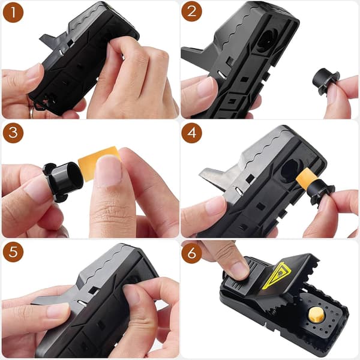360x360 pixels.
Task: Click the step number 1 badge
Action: (13, 13)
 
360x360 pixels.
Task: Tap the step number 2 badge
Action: (192, 11)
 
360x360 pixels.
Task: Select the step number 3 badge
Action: (13, 133)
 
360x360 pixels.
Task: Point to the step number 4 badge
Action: (192, 133)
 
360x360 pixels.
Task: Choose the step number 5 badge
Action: (13, 252)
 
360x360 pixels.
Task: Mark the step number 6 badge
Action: (192, 253)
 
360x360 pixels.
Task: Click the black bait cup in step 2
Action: (325, 81)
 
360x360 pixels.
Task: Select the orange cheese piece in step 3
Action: (99, 163)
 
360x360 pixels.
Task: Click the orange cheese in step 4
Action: (306, 178)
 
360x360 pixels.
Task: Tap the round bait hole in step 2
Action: (268, 41)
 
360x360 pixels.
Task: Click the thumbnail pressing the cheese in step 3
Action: (108, 170)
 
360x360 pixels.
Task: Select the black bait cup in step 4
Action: (321, 193)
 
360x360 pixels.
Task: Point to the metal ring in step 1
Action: (32, 111)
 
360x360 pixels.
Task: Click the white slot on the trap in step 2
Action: (222, 74)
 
